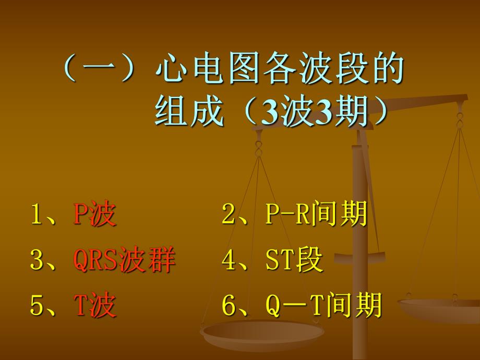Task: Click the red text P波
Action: pyautogui.click(x=94, y=215)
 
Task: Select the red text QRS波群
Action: pyautogui.click(x=124, y=260)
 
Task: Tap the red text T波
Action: pyautogui.click(x=94, y=305)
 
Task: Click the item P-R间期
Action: pyautogui.click(x=316, y=215)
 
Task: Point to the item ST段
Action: pyautogui.click(x=294, y=260)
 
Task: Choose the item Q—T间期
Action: pyautogui.click(x=323, y=305)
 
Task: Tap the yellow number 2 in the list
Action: pyautogui.click(x=229, y=215)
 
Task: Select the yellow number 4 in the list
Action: pyautogui.click(x=229, y=260)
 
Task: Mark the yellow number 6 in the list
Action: pyautogui.click(x=229, y=305)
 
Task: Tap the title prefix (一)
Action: pyautogui.click(x=99, y=70)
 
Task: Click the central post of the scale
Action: pyautogui.click(x=360, y=235)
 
